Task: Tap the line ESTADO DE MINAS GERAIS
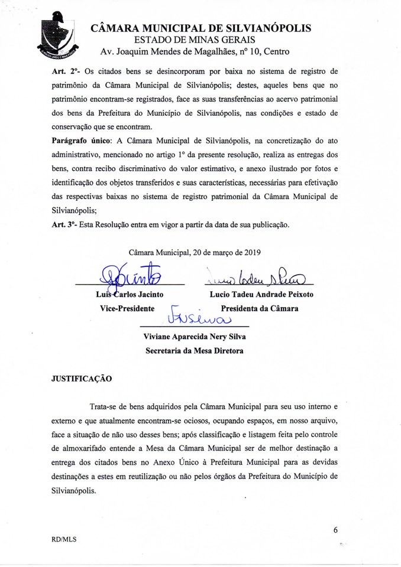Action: pos(195,40)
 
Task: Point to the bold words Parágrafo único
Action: pos(81,141)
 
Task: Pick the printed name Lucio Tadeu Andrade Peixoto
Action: pos(261,294)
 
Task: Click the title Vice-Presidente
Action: pos(127,308)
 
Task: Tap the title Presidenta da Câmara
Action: pos(260,308)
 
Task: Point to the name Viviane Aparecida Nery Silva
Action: pos(194,337)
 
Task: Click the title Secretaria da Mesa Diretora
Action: pos(194,350)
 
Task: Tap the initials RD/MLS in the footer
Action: pos(64,539)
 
